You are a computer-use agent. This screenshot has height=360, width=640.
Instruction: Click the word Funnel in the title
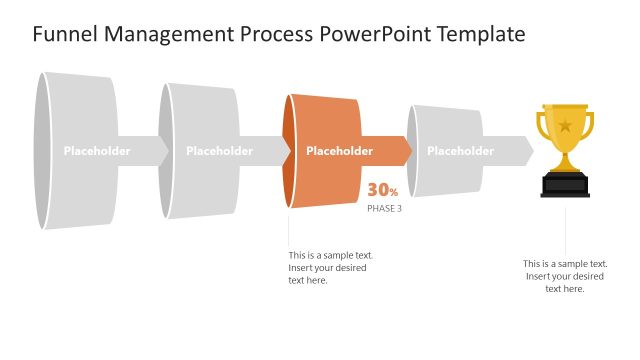pos(62,34)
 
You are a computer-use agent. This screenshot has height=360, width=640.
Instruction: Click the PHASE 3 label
pos(384,208)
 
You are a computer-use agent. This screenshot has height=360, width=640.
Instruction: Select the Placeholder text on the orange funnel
pos(339,152)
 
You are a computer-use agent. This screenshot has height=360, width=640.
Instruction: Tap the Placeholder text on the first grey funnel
pos(97,152)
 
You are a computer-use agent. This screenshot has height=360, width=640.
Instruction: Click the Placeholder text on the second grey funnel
pos(219,152)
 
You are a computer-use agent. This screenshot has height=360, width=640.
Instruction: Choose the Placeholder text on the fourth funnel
pos(460,152)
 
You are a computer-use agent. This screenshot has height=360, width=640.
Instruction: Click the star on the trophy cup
pos(565,126)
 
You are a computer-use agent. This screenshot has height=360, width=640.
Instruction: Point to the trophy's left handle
pos(543,127)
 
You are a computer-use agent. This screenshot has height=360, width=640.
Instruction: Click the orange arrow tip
pos(404,152)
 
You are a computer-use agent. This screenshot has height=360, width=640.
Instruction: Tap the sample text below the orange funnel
pos(330,268)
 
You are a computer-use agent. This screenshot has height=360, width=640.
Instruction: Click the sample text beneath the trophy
pos(565,276)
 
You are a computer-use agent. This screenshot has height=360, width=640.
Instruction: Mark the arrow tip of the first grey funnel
pos(162,152)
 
